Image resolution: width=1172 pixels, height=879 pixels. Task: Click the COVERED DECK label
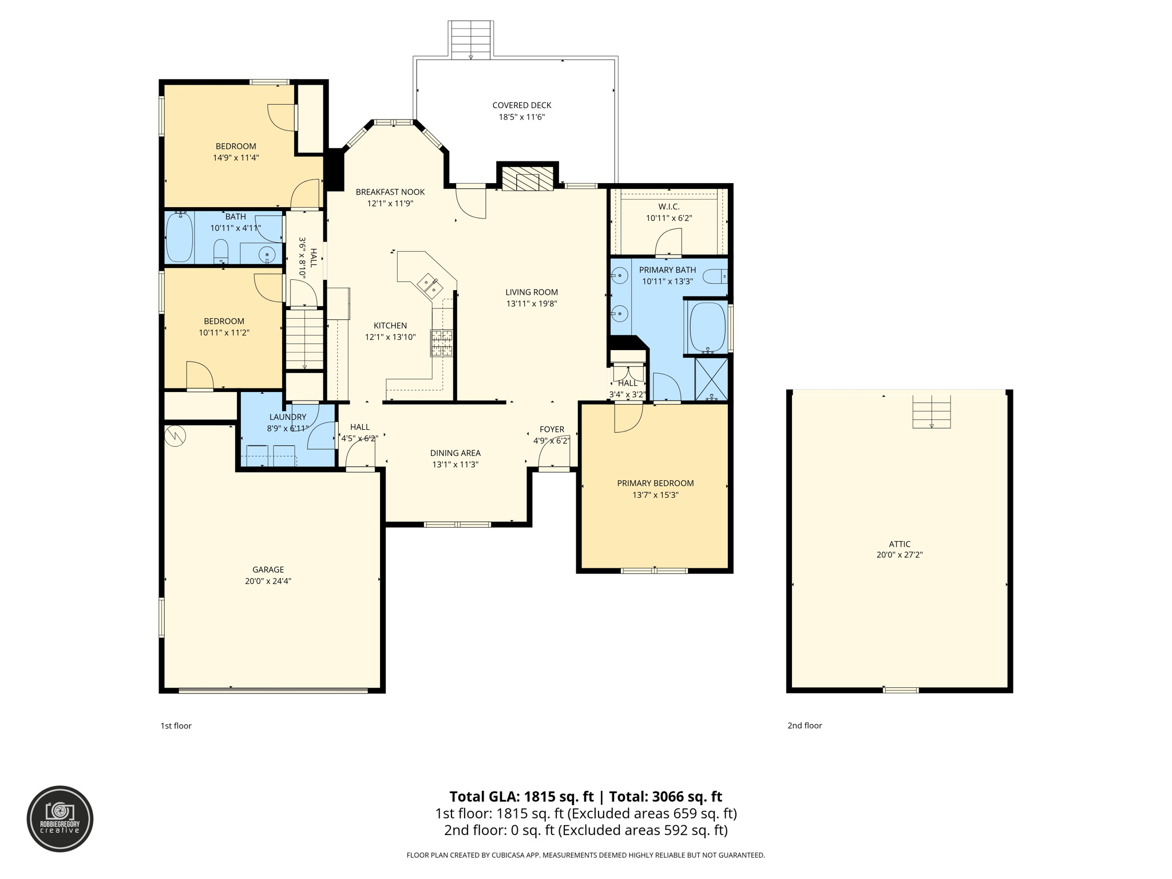pos(521,105)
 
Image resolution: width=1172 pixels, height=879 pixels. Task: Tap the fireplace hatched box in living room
pos(527,179)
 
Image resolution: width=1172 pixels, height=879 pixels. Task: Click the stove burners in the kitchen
pos(441,343)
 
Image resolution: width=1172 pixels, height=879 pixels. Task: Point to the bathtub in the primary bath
pos(707,327)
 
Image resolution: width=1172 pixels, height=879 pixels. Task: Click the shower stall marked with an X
pos(711,379)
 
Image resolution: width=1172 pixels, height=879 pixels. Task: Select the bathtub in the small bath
pos(179,237)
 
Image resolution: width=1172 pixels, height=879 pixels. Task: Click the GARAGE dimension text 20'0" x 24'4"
pos(268,581)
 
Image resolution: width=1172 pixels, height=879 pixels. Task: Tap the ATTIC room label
pos(900,544)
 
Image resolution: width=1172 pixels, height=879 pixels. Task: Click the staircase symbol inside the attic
pos(931,411)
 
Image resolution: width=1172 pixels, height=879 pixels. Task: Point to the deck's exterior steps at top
pos(470,39)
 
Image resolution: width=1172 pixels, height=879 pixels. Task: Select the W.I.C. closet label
pos(669,207)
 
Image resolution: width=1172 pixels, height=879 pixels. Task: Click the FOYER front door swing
pos(553,452)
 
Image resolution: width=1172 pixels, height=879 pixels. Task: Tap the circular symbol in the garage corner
pos(176,436)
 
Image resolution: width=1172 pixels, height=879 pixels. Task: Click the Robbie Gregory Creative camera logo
pos(60,818)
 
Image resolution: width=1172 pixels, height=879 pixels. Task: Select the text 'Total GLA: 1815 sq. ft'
pos(521,797)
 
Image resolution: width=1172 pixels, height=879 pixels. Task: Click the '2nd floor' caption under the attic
pos(805,726)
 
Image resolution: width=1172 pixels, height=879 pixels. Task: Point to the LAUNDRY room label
pos(287,417)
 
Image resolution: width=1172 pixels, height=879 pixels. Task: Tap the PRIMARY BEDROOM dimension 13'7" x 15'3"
pos(655,495)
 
